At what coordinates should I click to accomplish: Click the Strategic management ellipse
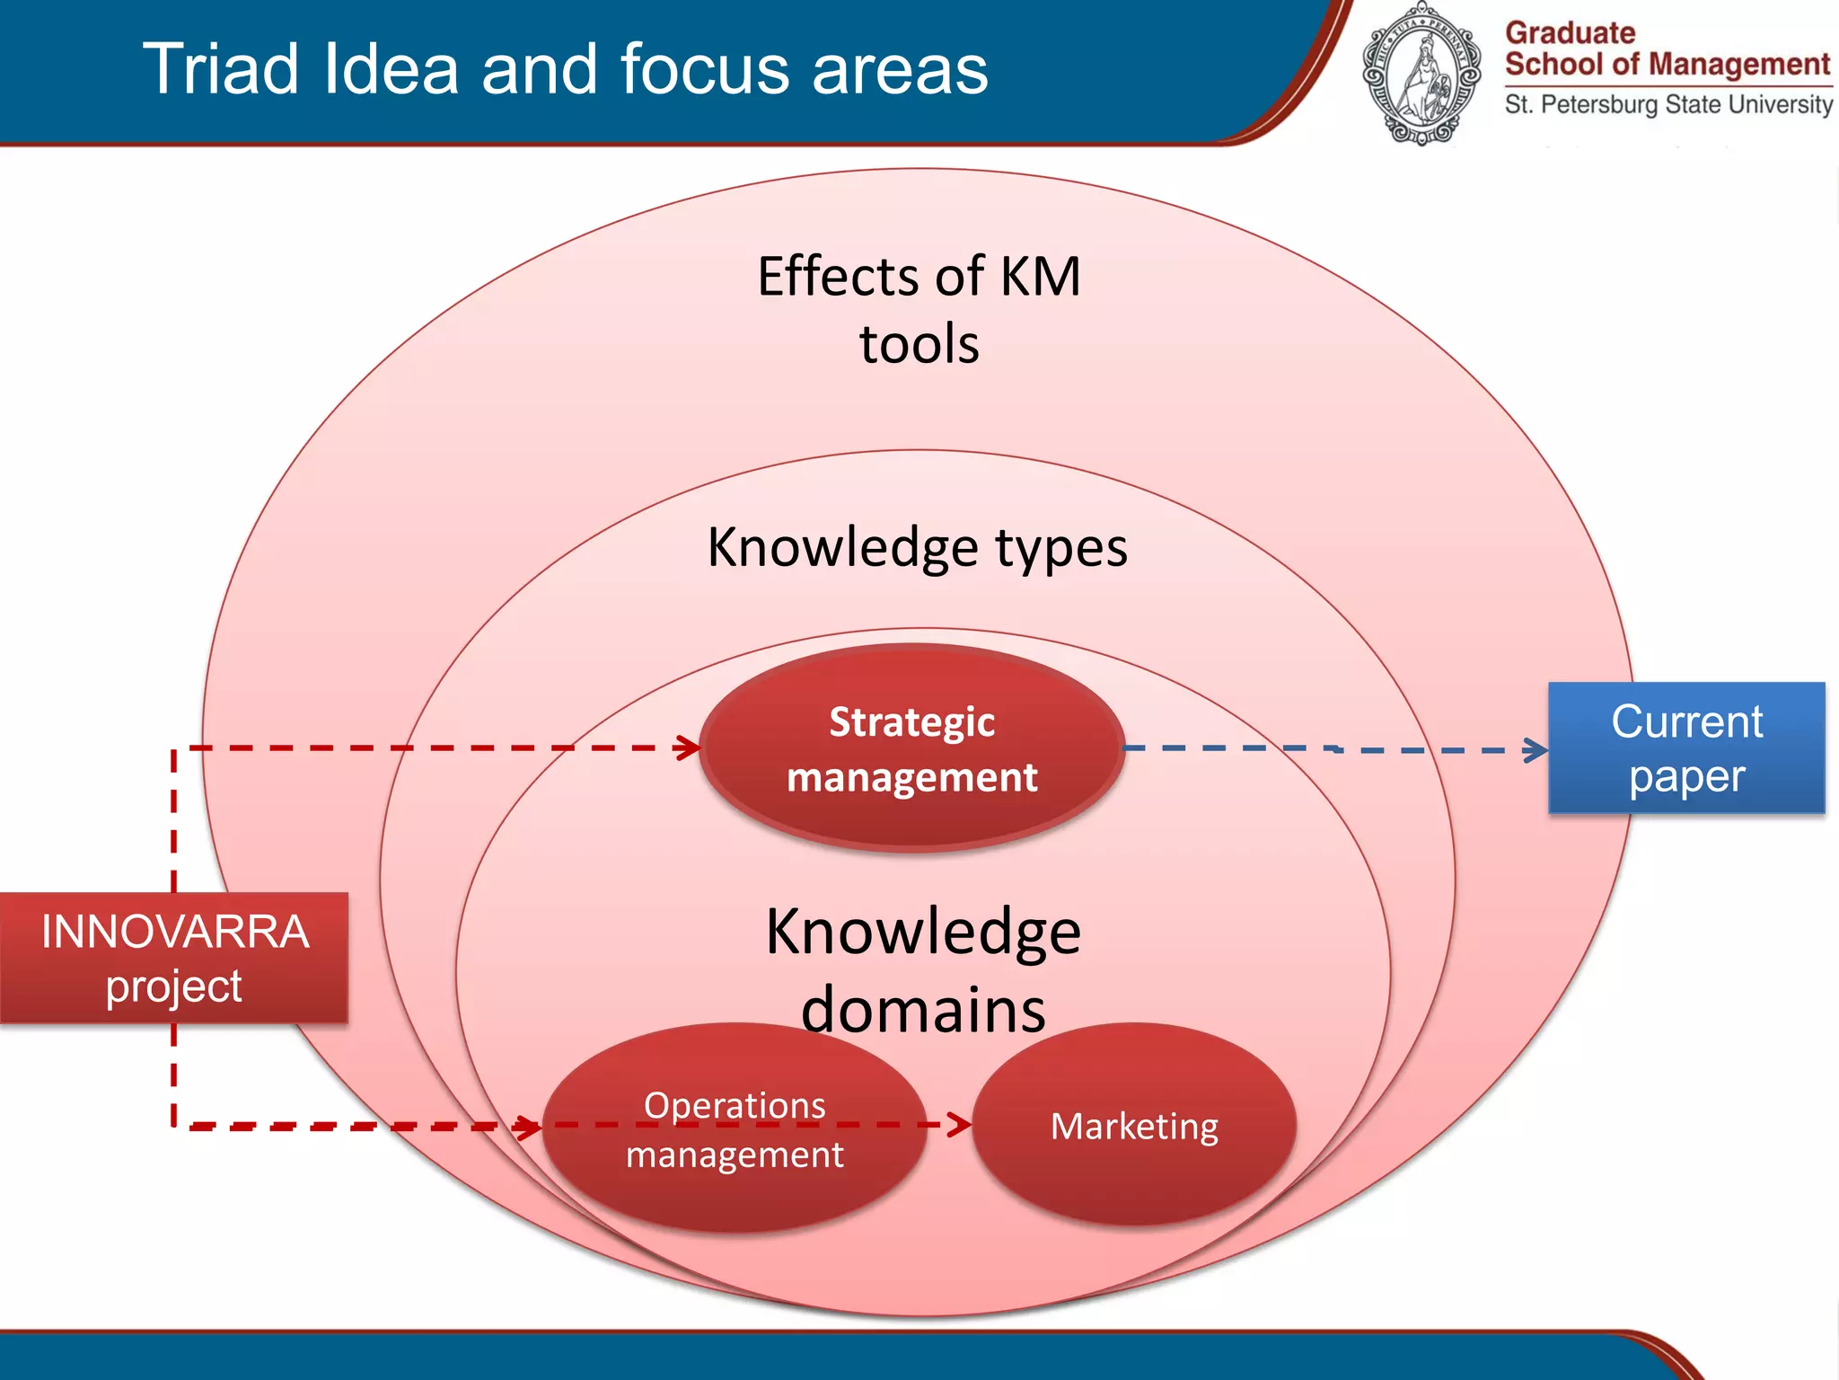pos(911,748)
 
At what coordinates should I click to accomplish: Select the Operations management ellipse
pos(735,1128)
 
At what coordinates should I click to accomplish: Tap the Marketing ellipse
pos(1134,1126)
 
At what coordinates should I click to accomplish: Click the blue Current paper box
pos(1686,748)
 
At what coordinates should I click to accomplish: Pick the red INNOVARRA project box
pos(174,958)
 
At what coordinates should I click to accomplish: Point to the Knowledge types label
pos(917,547)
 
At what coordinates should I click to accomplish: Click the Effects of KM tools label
pos(919,310)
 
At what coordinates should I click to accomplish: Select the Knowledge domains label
pos(923,970)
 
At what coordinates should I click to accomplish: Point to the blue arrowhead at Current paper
pos(1537,750)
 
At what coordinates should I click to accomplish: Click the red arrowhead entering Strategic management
pos(690,747)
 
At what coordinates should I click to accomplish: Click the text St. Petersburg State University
pos(1668,105)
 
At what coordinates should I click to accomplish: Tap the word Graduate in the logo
pos(1571,33)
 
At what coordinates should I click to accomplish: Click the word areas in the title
pos(900,69)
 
